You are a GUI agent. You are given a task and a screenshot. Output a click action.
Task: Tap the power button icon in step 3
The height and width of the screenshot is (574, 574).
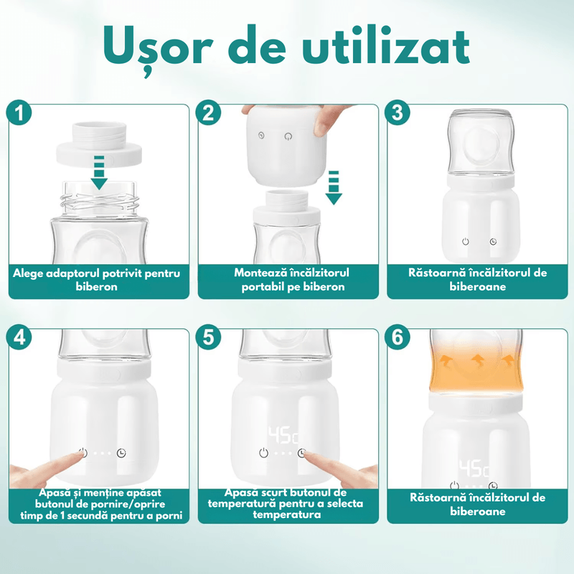(466, 242)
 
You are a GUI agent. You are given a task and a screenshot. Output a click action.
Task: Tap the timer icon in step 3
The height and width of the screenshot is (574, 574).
(494, 242)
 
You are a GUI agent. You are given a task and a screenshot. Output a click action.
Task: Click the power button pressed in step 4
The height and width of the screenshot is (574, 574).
(83, 453)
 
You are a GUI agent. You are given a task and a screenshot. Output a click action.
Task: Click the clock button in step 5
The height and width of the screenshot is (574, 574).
(303, 453)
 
